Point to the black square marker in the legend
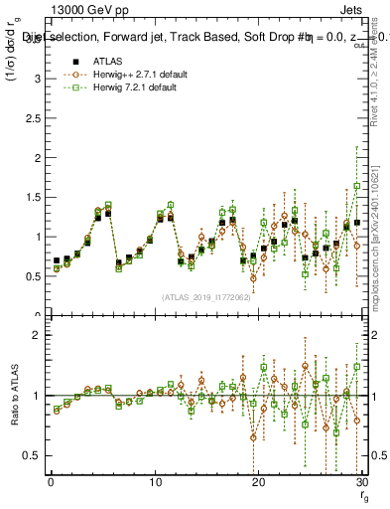pyautogui.click(x=69, y=61)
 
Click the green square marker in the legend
pyautogui.click(x=69, y=87)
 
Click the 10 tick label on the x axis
pyautogui.click(x=154, y=482)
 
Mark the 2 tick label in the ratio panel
pyautogui.click(x=39, y=335)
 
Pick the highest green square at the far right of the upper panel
pyautogui.click(x=357, y=186)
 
